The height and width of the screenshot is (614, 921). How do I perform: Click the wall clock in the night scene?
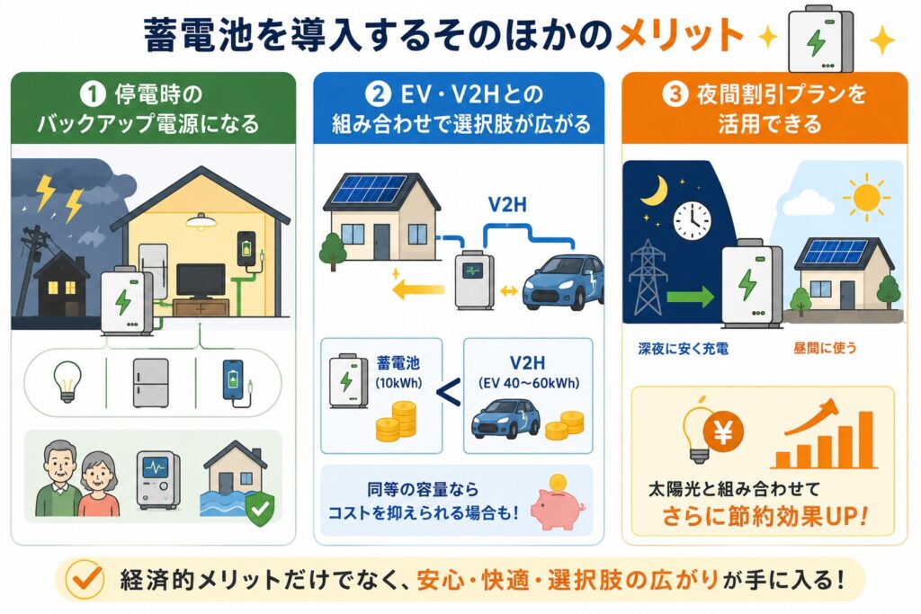(692, 221)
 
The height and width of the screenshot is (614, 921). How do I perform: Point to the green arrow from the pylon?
(690, 296)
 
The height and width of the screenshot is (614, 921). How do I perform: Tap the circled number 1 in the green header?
(93, 94)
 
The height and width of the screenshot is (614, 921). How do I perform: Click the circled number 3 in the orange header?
(675, 93)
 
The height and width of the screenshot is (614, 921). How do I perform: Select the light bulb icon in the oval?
(67, 381)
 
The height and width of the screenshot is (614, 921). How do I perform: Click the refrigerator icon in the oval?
(150, 383)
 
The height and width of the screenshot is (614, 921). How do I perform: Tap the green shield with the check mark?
(260, 508)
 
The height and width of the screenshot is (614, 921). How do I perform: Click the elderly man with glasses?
(58, 479)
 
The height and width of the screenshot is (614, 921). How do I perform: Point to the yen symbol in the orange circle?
(723, 432)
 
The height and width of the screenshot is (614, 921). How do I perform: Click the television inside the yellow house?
(201, 281)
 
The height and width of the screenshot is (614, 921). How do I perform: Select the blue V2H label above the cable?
(507, 205)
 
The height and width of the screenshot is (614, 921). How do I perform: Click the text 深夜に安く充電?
(683, 349)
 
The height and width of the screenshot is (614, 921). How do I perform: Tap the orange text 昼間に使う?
(825, 348)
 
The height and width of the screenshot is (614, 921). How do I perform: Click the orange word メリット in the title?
(680, 35)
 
